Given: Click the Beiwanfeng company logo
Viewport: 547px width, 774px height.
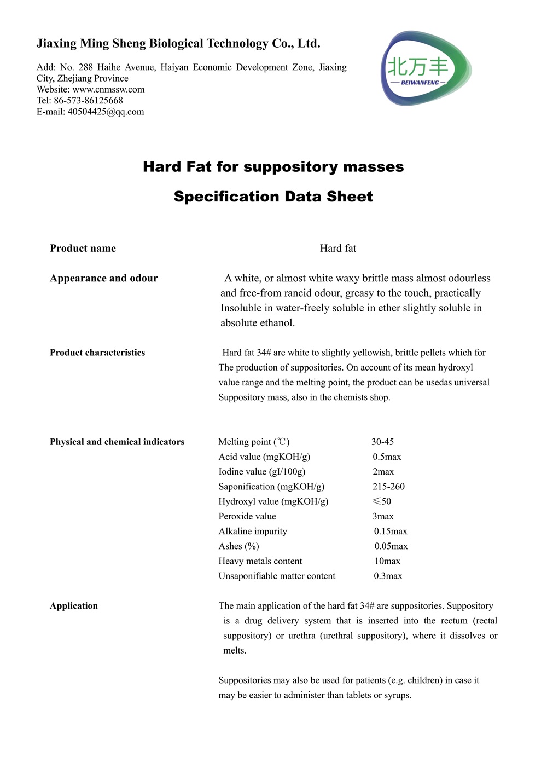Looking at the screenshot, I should point(426,68).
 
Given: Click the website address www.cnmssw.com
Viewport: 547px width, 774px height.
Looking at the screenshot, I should point(108,89).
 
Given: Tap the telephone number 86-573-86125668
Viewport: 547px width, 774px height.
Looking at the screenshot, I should point(88,100).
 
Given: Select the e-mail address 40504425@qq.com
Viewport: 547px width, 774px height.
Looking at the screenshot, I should point(106,112).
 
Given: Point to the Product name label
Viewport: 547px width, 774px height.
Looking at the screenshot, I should point(83,249).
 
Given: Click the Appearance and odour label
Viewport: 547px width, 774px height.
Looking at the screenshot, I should point(103,278).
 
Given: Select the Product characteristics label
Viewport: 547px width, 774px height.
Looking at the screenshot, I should point(97,353).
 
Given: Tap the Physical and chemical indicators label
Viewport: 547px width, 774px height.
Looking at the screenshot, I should point(117,442).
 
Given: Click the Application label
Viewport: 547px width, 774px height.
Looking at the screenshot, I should point(74,605).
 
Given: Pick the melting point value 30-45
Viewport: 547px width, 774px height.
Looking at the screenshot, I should point(382,442).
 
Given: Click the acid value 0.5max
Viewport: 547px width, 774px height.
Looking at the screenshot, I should point(387,457).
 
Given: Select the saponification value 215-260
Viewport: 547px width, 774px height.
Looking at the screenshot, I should point(388,486).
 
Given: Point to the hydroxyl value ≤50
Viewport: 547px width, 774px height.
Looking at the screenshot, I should point(382,501).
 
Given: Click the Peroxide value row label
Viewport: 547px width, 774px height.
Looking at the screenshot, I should point(247,516).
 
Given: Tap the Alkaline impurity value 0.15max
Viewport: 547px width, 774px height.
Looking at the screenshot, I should point(391,531).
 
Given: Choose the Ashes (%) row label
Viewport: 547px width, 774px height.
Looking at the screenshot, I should point(238,546).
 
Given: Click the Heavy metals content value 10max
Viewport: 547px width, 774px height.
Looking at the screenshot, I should point(387,561).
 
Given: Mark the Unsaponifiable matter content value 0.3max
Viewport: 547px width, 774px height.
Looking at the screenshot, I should point(388,576).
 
